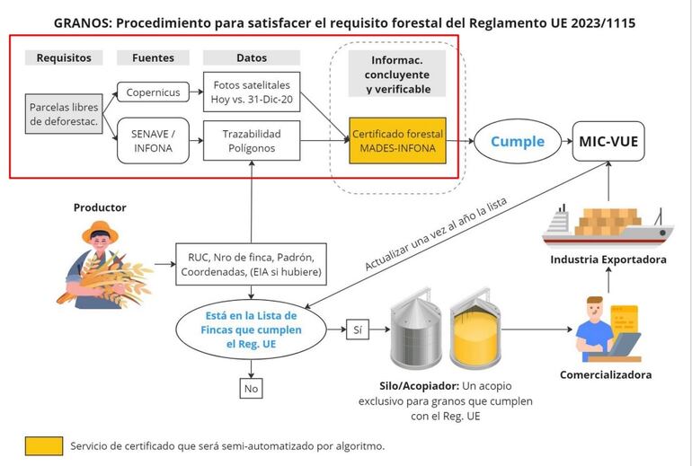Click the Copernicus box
pos(153,92)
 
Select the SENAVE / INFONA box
pos(153,141)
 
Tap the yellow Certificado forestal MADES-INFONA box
pos(397,140)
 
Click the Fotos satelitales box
pos(252,92)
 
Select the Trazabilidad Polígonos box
pos(252,141)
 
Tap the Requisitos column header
pos(64,57)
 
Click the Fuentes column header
pos(153,57)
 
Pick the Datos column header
pos(252,57)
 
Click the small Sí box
pos(358,330)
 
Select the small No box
pos(252,388)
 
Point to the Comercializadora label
pos(605,374)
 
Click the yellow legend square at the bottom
pos(43,445)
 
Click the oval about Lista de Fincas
pos(252,330)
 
